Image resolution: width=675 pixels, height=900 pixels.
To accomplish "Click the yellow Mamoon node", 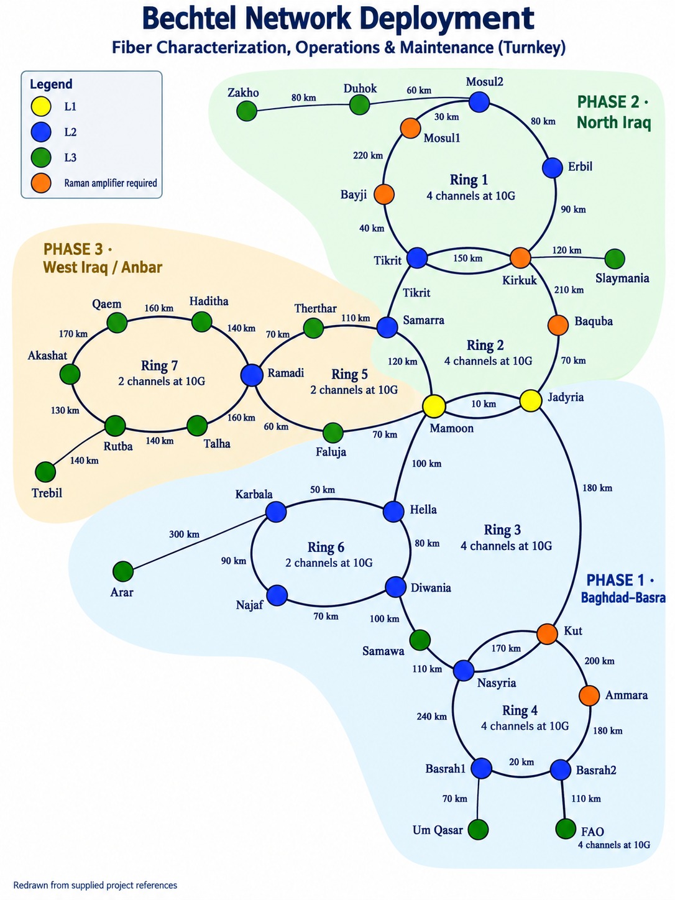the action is click(x=434, y=406).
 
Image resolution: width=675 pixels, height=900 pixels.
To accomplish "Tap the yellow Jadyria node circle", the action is click(x=531, y=400).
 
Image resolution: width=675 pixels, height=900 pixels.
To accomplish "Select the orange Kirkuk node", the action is click(x=520, y=258).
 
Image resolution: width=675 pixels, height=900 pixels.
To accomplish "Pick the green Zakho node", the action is click(x=247, y=111).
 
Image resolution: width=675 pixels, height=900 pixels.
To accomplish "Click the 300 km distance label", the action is click(x=184, y=534).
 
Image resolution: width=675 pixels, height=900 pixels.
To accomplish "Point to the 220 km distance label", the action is click(x=368, y=155).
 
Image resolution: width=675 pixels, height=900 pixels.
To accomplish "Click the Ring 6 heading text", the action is click(x=326, y=547).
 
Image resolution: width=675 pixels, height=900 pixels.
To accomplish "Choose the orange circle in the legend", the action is click(x=41, y=183).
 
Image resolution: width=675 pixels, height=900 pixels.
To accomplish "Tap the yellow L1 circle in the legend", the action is click(x=41, y=107).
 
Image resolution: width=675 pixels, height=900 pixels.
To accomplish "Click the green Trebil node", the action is click(x=45, y=472).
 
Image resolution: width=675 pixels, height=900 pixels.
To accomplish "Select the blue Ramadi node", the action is click(x=252, y=375).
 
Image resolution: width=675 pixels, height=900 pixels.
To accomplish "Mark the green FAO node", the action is click(x=566, y=829).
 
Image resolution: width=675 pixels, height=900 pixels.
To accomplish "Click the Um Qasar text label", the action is click(x=438, y=830).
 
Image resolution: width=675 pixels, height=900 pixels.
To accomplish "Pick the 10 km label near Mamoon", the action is click(x=484, y=404).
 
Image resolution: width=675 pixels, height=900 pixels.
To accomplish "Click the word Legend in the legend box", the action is click(x=51, y=85).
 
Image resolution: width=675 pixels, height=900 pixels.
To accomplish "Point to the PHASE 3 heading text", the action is click(x=78, y=249).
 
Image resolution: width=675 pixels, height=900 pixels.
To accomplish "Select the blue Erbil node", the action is click(x=553, y=168).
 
